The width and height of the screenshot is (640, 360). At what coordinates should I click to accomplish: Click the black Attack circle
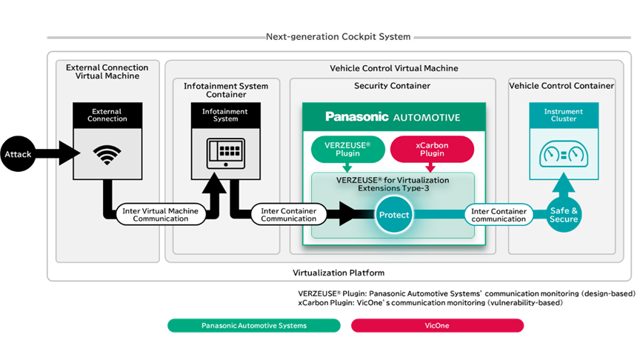tap(18, 154)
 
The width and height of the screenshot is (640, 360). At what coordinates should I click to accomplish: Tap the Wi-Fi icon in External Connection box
tap(107, 155)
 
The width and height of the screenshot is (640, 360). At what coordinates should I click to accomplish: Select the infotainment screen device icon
tap(226, 153)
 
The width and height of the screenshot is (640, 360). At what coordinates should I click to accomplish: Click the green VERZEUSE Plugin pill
tap(347, 150)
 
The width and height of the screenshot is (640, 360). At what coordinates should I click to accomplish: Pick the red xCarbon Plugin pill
tap(432, 150)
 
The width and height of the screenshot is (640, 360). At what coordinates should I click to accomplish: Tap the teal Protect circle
tap(394, 215)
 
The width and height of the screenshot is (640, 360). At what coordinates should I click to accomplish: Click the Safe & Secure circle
tap(564, 215)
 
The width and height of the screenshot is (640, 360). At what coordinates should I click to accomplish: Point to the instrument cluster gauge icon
tap(564, 154)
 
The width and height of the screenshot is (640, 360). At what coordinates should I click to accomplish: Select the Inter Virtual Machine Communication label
tap(161, 215)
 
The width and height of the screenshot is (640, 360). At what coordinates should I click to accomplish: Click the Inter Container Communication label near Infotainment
tap(289, 215)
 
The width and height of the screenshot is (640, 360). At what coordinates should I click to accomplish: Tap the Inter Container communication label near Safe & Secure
tap(499, 215)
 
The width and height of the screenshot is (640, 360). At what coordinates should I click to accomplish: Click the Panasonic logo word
tap(357, 117)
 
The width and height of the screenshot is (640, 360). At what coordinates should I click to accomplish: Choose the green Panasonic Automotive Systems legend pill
tap(254, 325)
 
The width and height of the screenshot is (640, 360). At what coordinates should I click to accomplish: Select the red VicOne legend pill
tap(437, 325)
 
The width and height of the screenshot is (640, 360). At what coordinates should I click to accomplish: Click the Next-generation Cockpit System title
tap(339, 37)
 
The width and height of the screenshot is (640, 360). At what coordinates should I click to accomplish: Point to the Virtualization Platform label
tap(339, 273)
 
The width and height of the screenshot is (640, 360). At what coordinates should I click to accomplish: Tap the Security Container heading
tap(393, 86)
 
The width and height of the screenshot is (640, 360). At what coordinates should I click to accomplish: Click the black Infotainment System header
tap(226, 116)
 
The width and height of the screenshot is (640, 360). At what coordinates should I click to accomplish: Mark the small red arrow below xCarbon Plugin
tap(430, 167)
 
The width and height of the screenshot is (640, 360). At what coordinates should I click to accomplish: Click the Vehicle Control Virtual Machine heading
tap(394, 68)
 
